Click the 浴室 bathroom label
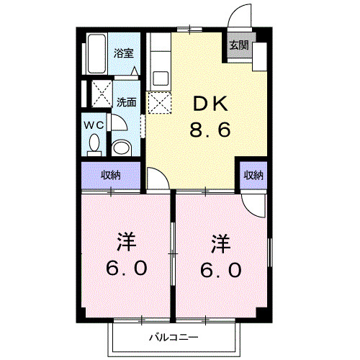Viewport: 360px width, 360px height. click(x=125, y=53)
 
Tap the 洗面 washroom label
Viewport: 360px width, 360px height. click(x=127, y=102)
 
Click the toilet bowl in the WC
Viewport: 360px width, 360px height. click(x=94, y=144)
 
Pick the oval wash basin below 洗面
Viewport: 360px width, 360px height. click(x=123, y=149)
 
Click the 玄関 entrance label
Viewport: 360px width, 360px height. click(x=238, y=45)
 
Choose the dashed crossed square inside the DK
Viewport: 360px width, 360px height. click(x=158, y=103)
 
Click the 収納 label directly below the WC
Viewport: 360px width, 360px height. click(x=110, y=175)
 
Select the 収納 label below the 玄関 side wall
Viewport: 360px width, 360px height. click(x=253, y=175)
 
